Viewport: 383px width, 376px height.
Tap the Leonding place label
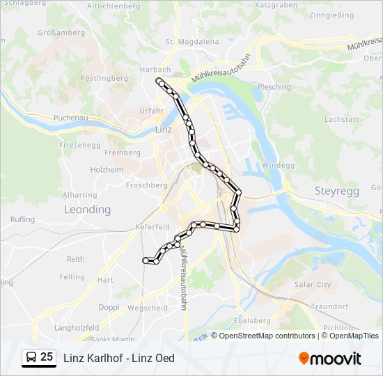click(x=87, y=209)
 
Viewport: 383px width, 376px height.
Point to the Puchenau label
click(x=70, y=118)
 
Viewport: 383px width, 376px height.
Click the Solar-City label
click(x=312, y=285)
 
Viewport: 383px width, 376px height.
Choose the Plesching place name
click(x=274, y=87)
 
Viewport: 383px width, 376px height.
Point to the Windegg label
click(x=278, y=165)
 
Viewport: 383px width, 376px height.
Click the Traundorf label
click(x=329, y=306)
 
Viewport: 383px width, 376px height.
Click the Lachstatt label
click(x=341, y=120)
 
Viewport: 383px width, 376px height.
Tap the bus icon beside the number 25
click(x=31, y=358)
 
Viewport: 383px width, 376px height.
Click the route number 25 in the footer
click(x=47, y=357)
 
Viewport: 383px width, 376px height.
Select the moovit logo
click(x=330, y=358)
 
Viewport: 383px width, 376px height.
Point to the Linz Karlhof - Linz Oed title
click(x=119, y=358)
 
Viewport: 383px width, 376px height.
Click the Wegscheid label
click(x=148, y=308)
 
